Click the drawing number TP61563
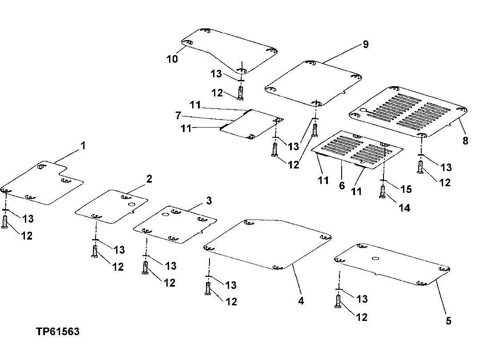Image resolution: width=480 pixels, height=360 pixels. (x=58, y=332)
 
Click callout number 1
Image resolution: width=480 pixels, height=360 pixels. (x=83, y=146)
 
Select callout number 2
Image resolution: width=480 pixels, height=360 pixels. (x=149, y=179)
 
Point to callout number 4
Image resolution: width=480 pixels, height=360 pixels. (x=301, y=300)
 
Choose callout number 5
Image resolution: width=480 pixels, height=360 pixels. (x=448, y=320)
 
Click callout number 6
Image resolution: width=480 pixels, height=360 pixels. (x=342, y=185)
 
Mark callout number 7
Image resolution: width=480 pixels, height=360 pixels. (x=178, y=116)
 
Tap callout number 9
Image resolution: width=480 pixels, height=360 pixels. (x=365, y=44)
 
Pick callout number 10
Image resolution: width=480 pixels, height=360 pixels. (x=172, y=59)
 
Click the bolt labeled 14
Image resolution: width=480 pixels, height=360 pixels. (x=382, y=192)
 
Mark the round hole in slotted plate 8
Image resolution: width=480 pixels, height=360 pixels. (x=363, y=110)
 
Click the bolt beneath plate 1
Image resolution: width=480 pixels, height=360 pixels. (x=5, y=221)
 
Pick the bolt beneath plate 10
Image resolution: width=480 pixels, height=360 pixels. (x=240, y=92)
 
